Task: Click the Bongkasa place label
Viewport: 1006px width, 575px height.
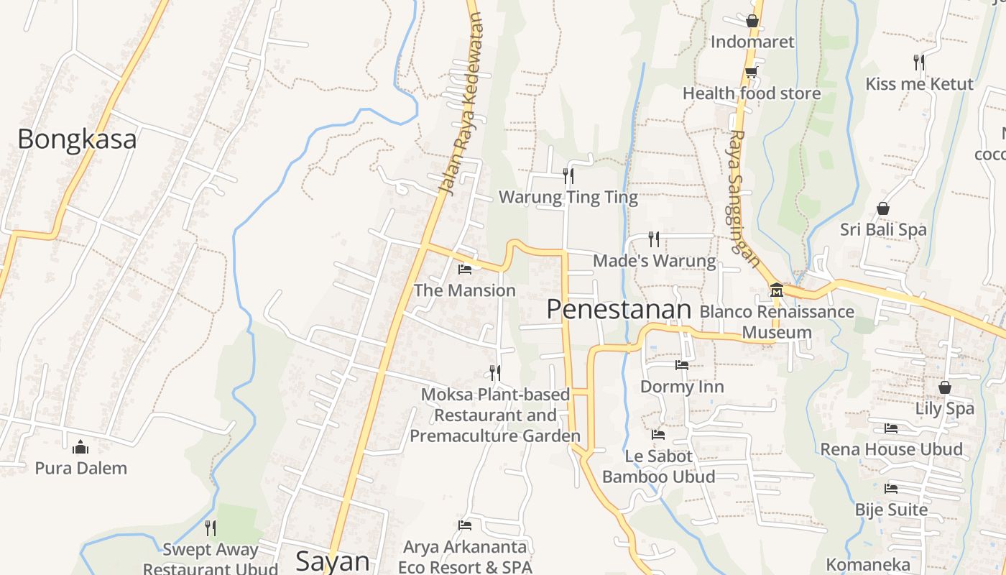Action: click(x=77, y=139)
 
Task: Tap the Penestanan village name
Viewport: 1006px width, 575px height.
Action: click(x=619, y=309)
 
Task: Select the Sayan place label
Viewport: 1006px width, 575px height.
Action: click(x=333, y=561)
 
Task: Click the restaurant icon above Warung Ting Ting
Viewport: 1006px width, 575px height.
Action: click(x=568, y=175)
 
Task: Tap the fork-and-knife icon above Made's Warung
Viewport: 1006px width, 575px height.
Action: click(x=653, y=239)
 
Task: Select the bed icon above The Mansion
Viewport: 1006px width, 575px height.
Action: click(x=465, y=270)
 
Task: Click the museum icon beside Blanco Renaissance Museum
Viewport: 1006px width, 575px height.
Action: click(x=776, y=290)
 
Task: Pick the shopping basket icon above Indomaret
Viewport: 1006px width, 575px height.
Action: click(x=752, y=21)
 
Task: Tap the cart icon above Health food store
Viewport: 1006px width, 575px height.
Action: click(x=751, y=72)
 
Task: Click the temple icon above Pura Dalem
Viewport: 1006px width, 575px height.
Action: click(x=80, y=447)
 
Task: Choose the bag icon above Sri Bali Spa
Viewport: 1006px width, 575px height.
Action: click(x=883, y=208)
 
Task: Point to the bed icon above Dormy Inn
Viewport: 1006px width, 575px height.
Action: click(x=682, y=365)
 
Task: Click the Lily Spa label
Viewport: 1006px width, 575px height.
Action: click(x=945, y=408)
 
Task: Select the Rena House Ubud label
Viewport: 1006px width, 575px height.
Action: click(x=891, y=449)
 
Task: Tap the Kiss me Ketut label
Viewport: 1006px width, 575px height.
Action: click(x=919, y=83)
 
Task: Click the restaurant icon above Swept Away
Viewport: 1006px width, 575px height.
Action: click(x=210, y=528)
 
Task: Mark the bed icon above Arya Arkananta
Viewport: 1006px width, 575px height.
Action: click(x=465, y=525)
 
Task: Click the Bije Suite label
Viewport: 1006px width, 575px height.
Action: click(x=891, y=510)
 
